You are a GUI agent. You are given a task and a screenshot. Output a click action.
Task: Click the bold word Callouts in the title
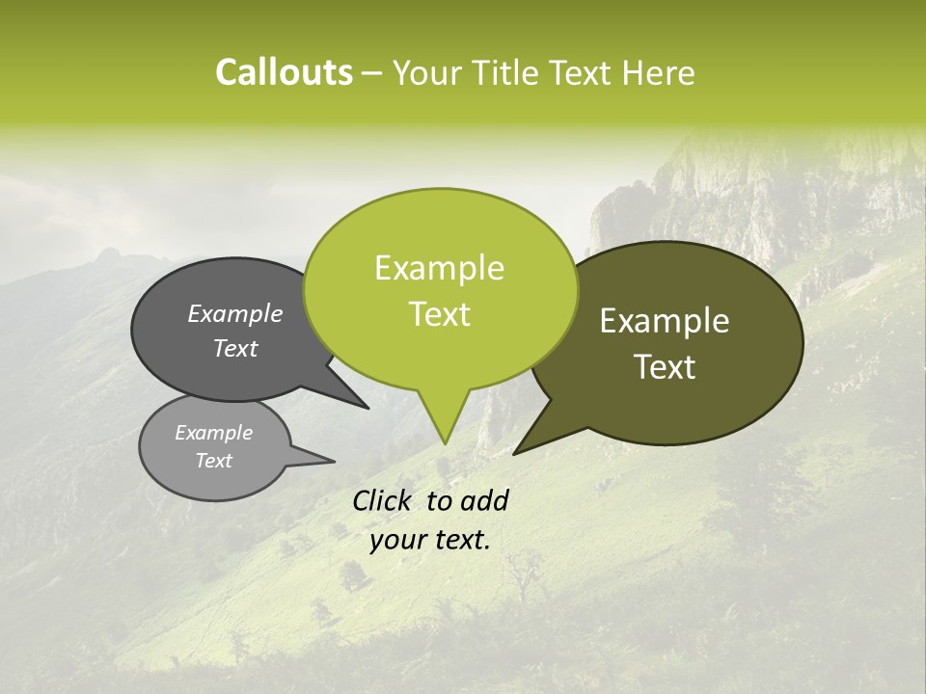pyautogui.click(x=284, y=72)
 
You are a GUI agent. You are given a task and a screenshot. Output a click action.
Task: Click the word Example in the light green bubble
pyautogui.click(x=439, y=268)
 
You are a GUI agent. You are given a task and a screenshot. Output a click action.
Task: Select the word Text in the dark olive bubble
pyautogui.click(x=665, y=367)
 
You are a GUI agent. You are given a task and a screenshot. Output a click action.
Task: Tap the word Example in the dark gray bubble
pyautogui.click(x=235, y=313)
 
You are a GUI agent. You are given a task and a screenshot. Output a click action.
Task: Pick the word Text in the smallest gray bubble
pyautogui.click(x=213, y=461)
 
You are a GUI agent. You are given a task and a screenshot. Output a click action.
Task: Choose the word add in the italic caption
pyautogui.click(x=484, y=500)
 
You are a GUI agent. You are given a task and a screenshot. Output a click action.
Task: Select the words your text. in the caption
pyautogui.click(x=430, y=541)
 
